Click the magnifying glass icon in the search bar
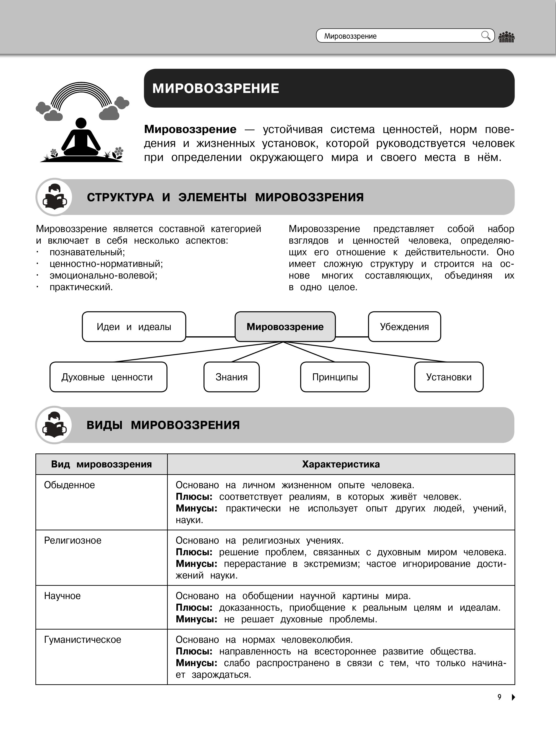point(485,35)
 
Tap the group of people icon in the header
point(506,37)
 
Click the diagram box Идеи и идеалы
point(134,327)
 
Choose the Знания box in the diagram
point(231,377)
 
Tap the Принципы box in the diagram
point(335,377)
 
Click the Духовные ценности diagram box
point(108,377)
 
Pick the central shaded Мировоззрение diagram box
point(285,327)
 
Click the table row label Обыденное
point(69,485)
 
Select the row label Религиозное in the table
point(73,541)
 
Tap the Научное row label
point(62,596)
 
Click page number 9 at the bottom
point(499,697)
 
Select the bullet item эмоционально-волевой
point(103,275)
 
